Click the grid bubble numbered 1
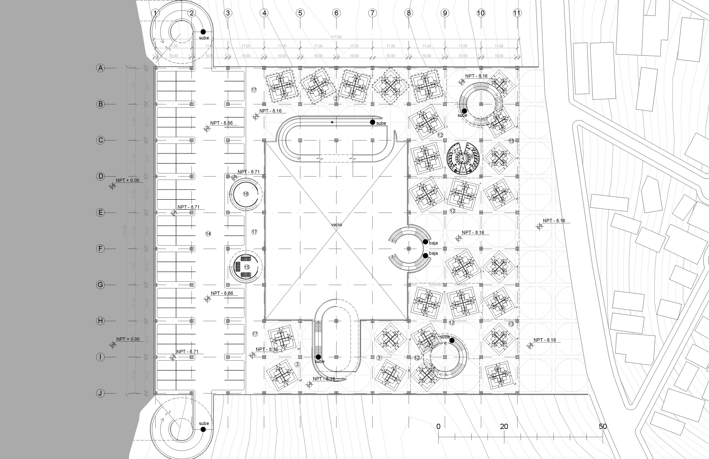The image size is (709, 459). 155,13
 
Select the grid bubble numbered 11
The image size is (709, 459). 517,13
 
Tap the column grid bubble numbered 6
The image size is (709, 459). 336,13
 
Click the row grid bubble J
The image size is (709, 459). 100,393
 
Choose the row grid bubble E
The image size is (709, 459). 100,213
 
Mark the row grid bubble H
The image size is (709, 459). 100,321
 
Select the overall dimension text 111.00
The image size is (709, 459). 336,37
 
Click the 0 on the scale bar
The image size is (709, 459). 438,426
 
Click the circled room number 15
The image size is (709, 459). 247,267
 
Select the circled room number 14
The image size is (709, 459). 208,234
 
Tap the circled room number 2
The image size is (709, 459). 336,98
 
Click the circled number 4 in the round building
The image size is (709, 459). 463,158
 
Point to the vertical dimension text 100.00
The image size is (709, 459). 124,231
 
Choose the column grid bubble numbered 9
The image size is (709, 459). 445,13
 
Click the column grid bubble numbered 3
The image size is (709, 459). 228,13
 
